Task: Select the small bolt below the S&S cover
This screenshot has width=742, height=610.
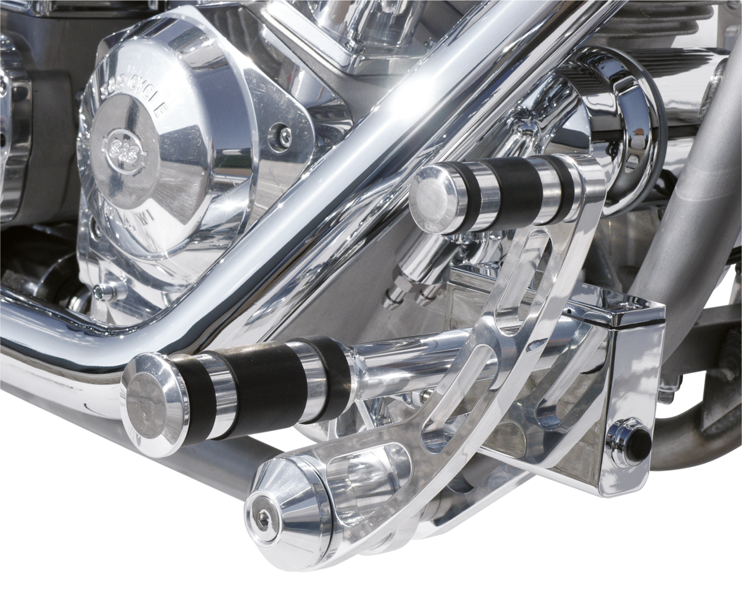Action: (x=101, y=291)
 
